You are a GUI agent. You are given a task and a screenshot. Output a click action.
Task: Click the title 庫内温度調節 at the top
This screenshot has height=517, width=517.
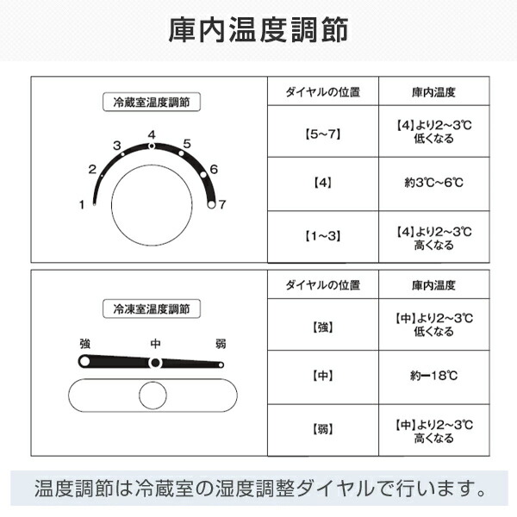click(258, 30)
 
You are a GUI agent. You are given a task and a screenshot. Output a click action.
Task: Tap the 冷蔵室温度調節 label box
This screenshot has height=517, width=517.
click(152, 102)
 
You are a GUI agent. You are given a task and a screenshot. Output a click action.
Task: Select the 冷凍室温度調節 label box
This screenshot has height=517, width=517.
click(152, 308)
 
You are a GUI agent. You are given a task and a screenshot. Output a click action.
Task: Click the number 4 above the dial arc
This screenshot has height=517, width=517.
click(152, 134)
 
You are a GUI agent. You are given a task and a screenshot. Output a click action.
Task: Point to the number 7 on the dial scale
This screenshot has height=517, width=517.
click(222, 204)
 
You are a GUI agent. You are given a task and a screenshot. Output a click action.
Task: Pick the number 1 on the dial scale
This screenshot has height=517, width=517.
click(82, 205)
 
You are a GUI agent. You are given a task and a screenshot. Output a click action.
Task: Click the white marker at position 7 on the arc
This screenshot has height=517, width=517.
click(211, 204)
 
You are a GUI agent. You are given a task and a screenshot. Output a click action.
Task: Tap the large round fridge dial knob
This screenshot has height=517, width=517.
click(152, 205)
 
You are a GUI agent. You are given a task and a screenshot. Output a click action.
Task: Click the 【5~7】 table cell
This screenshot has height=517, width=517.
click(323, 131)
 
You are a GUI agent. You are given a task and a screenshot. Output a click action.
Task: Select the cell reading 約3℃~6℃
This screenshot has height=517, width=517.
click(434, 184)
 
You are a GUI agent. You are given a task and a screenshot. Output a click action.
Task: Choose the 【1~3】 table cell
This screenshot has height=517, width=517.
click(323, 236)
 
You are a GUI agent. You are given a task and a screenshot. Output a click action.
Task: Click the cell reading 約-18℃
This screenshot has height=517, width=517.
click(434, 377)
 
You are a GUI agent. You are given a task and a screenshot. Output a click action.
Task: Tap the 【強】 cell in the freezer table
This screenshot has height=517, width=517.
click(323, 325)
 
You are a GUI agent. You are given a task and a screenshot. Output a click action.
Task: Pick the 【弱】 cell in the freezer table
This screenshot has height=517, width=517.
click(323, 430)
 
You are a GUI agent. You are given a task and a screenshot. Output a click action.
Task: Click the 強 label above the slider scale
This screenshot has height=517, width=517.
click(84, 344)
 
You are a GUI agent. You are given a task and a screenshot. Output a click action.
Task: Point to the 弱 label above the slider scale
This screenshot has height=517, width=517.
click(221, 344)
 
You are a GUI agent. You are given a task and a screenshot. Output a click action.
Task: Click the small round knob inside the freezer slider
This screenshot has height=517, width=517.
click(153, 395)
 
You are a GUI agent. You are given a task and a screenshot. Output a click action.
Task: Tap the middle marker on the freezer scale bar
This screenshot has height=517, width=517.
click(155, 363)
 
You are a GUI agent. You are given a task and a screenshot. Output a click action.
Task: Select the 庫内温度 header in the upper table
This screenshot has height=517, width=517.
click(434, 92)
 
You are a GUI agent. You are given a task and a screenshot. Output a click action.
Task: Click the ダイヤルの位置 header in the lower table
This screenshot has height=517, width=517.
click(323, 285)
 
